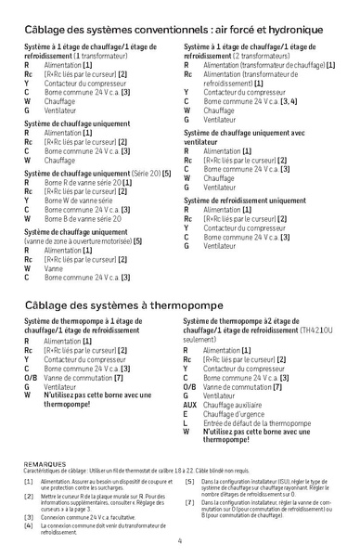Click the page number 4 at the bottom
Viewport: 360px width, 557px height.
pos(179,540)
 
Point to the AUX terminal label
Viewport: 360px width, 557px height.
pos(189,405)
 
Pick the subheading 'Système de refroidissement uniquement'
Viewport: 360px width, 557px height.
pos(246,201)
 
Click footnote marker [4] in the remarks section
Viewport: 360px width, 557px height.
pos(28,525)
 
